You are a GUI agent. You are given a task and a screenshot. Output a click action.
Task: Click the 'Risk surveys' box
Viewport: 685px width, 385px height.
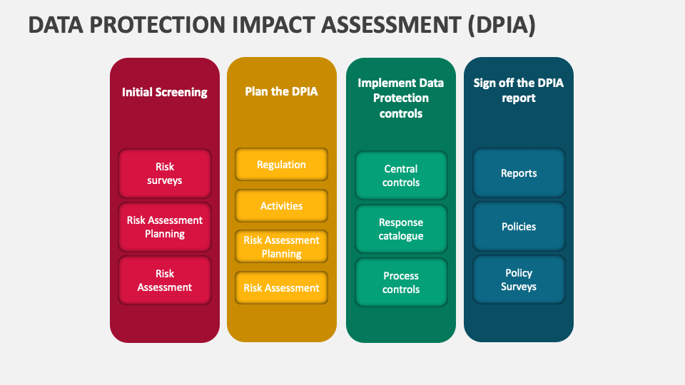click(165, 174)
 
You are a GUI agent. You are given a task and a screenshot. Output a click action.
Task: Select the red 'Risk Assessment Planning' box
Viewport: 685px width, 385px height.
click(165, 227)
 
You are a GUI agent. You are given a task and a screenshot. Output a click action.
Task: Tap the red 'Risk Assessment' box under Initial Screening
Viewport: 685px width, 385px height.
click(165, 280)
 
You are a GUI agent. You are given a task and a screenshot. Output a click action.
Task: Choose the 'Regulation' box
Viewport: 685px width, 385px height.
click(281, 165)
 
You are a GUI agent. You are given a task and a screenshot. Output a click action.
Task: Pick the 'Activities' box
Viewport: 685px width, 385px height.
click(281, 205)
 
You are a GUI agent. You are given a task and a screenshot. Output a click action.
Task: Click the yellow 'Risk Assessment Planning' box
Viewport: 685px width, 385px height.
click(281, 247)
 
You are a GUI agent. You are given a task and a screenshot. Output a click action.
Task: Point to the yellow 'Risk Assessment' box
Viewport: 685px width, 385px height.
click(281, 287)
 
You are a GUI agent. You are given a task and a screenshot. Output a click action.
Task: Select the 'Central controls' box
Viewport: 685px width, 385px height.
click(401, 175)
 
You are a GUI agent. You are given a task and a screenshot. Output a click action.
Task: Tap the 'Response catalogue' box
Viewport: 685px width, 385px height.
click(401, 229)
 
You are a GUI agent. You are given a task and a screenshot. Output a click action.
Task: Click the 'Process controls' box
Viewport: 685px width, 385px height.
click(401, 282)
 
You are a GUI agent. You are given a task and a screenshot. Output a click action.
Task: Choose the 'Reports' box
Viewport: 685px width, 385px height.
click(519, 173)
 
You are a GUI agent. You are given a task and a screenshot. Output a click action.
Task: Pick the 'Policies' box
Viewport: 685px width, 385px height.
click(519, 227)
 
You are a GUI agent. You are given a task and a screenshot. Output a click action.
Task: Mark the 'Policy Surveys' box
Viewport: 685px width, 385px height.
click(519, 279)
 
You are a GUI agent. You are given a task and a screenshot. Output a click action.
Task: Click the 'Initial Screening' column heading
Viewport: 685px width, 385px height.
click(165, 92)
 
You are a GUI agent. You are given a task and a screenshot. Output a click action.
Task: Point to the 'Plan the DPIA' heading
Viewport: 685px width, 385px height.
click(281, 91)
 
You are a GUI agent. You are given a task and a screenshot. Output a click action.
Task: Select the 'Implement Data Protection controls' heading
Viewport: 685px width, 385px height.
click(401, 98)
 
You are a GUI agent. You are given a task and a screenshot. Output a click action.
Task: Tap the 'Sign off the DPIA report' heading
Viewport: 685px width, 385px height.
click(519, 91)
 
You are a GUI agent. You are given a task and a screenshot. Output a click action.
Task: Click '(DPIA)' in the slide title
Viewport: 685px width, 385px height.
click(502, 25)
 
